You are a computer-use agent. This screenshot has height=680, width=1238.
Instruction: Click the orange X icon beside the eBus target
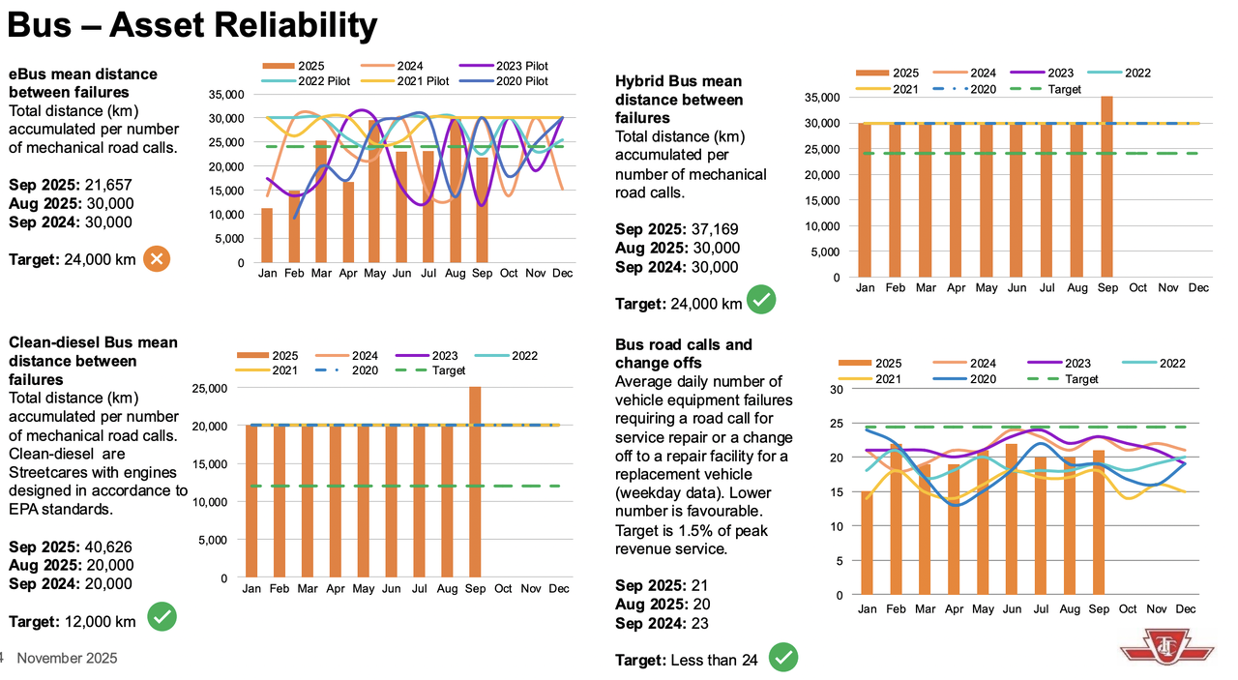coord(157,259)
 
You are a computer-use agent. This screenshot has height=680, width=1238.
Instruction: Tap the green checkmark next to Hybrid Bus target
coord(762,301)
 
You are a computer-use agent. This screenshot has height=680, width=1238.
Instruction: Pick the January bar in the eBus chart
coord(267,235)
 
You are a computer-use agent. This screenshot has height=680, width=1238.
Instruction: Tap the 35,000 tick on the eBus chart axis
coord(225,95)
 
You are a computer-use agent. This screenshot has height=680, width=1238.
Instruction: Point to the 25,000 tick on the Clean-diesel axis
coord(209,389)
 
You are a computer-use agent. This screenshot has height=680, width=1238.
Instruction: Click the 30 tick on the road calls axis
coord(837,390)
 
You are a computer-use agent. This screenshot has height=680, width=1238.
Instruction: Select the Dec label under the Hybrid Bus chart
coord(1198,288)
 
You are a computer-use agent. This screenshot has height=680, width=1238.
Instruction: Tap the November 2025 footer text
coord(67,658)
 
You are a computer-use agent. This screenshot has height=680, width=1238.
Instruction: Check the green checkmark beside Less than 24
coord(783,659)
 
